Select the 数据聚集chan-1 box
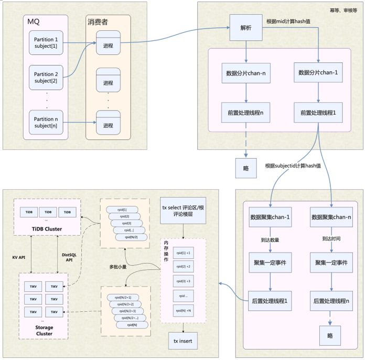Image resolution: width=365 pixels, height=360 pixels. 270,217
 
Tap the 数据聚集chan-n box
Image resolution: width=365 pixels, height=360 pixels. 331,217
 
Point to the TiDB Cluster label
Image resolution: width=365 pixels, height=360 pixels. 48,228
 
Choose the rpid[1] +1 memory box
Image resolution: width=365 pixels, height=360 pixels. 184,253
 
